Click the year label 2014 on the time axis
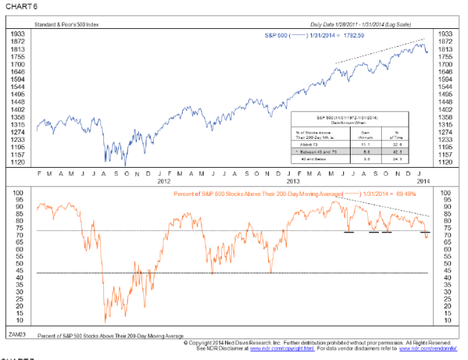click(420, 182)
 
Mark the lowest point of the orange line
click(105, 321)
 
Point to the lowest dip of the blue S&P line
click(126, 165)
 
